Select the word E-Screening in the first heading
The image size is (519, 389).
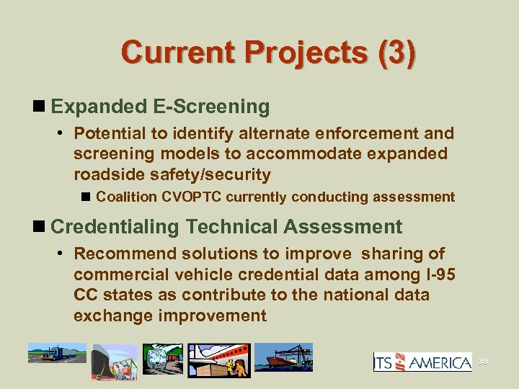click(x=211, y=107)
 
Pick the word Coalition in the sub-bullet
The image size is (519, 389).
click(x=127, y=197)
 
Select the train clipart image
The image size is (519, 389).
click(x=163, y=359)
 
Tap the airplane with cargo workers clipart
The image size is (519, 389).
click(x=222, y=359)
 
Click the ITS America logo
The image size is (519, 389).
click(x=422, y=361)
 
